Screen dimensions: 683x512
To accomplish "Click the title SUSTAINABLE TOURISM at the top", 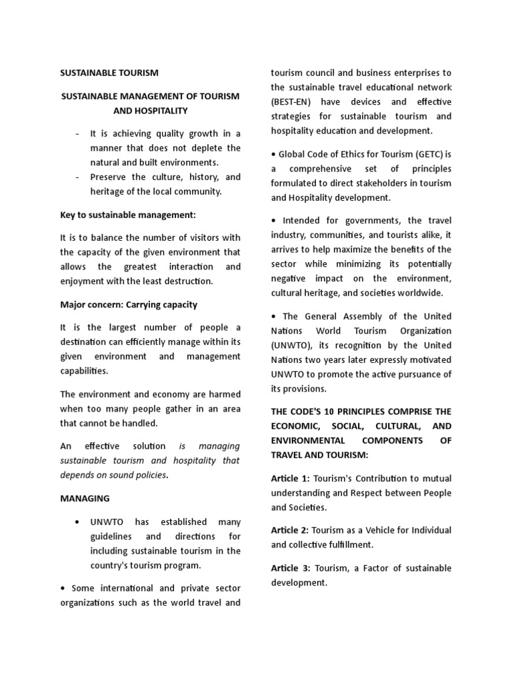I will point(109,73).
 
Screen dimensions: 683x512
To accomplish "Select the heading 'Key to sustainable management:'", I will point(127,215).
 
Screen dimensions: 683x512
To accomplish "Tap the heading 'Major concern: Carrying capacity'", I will point(129,305).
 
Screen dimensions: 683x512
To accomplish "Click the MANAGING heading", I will point(85,498).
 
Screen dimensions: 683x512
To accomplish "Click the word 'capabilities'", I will point(84,371).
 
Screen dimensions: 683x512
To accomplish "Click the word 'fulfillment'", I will point(351,544).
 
